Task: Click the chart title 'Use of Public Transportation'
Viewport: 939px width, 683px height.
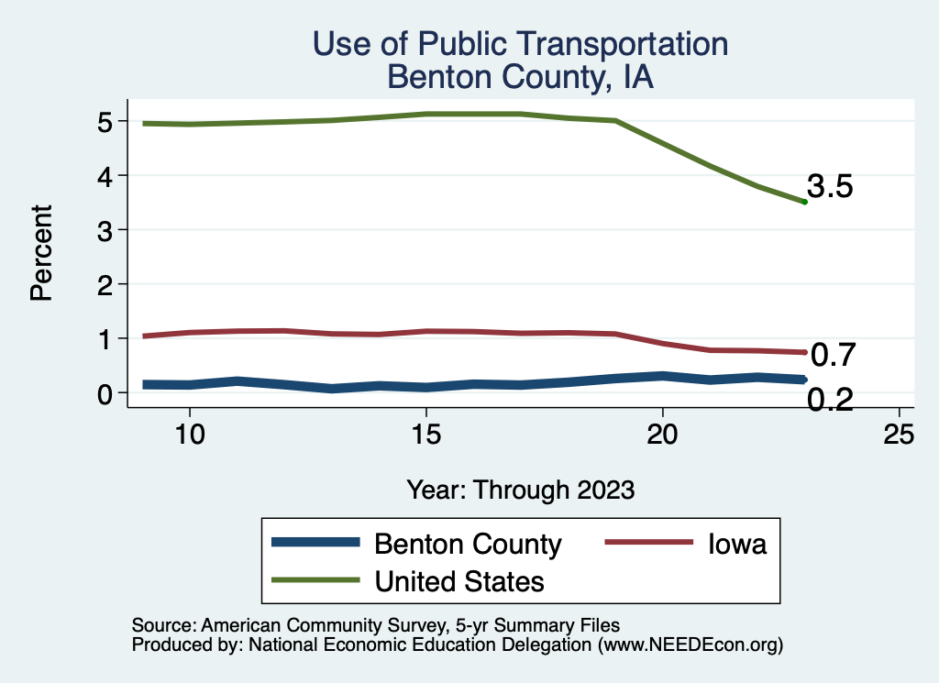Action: (520, 44)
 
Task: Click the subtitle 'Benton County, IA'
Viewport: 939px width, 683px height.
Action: (520, 77)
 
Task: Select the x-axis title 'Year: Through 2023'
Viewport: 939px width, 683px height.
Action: (520, 490)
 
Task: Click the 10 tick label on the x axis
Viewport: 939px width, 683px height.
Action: (189, 434)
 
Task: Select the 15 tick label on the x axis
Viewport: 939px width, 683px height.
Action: (425, 434)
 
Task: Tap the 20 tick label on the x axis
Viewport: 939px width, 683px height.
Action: (662, 434)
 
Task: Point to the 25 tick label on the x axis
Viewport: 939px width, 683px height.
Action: (899, 434)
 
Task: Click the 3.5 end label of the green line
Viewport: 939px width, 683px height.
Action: (830, 187)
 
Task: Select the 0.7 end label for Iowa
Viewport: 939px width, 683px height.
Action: (833, 354)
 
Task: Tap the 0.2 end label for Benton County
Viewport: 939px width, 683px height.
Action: (830, 400)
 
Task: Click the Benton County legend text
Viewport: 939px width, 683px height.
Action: (468, 544)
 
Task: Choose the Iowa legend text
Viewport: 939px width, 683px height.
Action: (736, 544)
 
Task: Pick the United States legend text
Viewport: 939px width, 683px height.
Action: (459, 580)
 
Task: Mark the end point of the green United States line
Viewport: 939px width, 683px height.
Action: (804, 202)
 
